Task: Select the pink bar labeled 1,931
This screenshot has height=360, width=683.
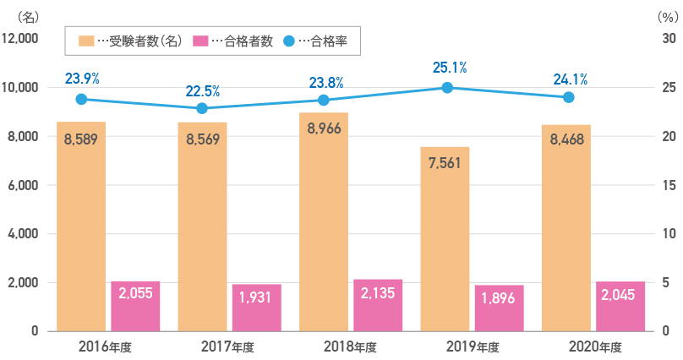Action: click(256, 308)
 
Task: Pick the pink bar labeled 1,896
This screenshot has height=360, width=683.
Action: click(499, 308)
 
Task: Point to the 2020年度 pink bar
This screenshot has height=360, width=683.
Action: click(620, 306)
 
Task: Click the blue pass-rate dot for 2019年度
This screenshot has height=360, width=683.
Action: click(447, 88)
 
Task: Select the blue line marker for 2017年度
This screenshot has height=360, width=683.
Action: click(202, 108)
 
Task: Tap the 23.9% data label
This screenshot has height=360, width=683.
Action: click(82, 79)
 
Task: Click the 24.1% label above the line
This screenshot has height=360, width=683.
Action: click(569, 79)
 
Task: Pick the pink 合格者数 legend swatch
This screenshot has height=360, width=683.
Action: click(201, 41)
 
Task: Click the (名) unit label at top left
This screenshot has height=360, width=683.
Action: click(29, 16)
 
